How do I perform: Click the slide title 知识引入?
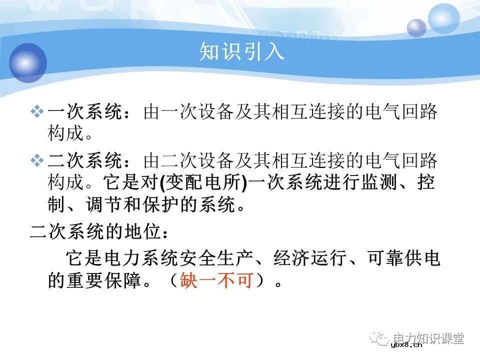tap(242, 52)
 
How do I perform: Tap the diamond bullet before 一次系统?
tap(37, 112)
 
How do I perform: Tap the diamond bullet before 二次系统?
tap(37, 160)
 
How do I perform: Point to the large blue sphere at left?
tap(27, 62)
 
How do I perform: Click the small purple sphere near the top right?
tap(416, 28)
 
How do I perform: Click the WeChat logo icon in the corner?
tap(382, 339)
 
